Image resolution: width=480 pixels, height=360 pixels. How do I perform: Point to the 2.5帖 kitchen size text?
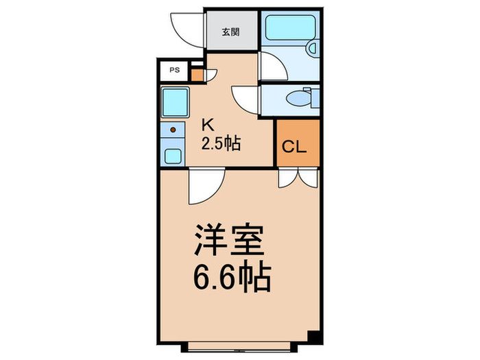click(x=220, y=144)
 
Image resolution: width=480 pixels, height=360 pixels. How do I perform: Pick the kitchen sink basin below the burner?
click(x=173, y=154)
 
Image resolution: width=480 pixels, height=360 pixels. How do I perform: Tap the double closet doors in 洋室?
click(x=298, y=178)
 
